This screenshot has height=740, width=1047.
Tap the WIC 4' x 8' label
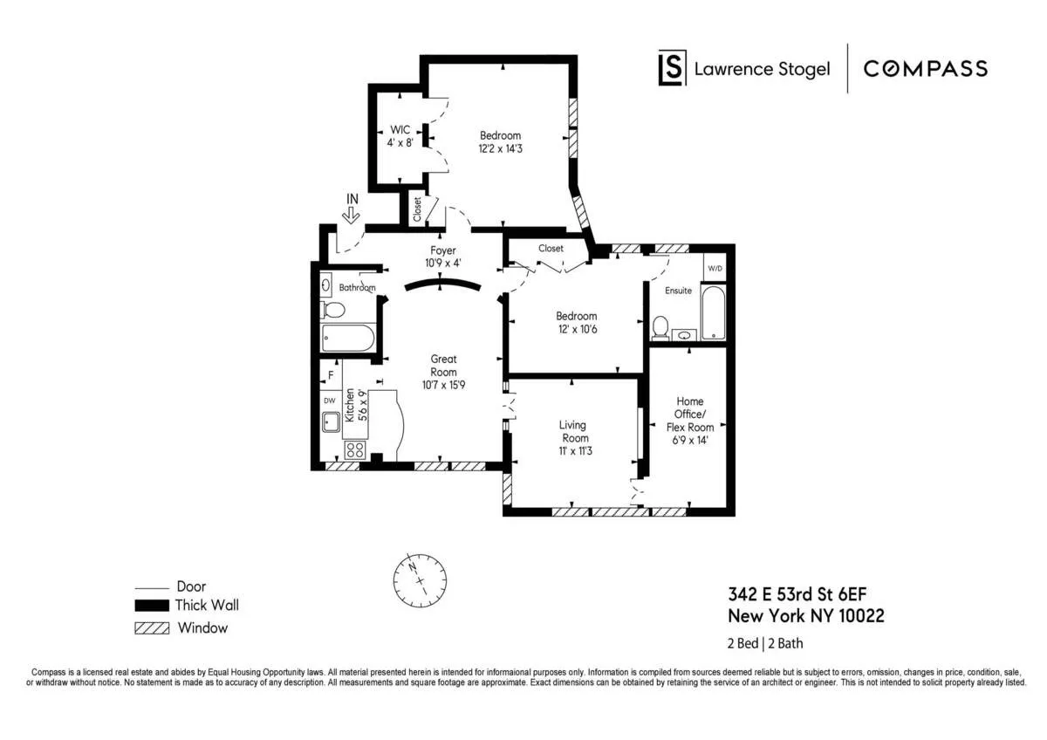400,135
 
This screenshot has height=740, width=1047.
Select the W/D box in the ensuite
714,268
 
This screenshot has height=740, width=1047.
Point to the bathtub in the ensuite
713,312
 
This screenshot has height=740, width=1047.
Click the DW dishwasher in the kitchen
330,401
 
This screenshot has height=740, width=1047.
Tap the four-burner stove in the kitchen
354,449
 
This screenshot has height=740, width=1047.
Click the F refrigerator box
331,377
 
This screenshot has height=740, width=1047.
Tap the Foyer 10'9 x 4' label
443,257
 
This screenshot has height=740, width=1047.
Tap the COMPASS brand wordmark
925,69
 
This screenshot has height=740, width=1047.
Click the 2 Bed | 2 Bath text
766,645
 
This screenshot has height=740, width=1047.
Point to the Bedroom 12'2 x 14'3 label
500,142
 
